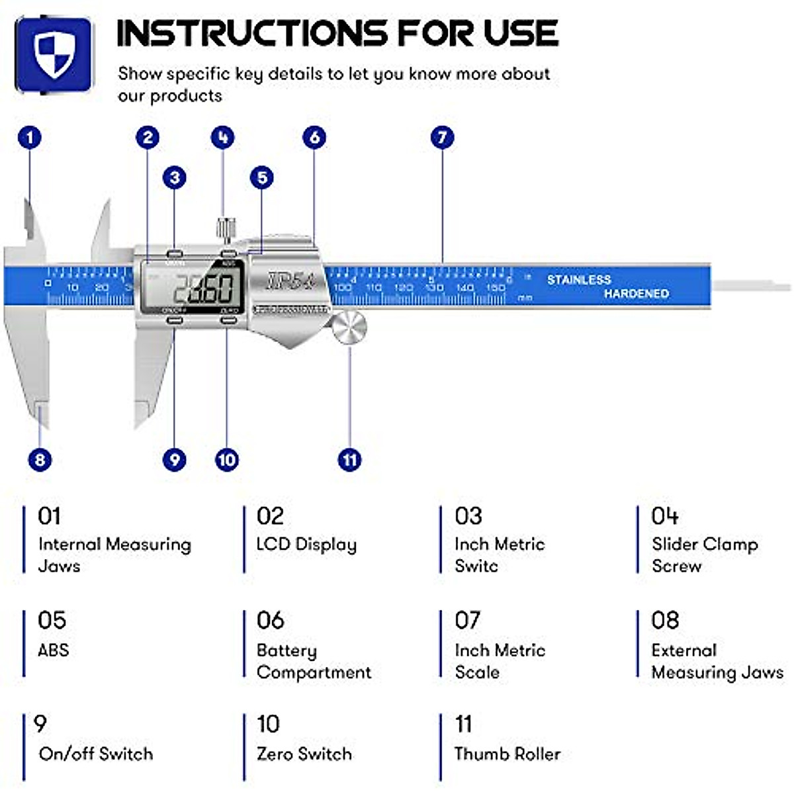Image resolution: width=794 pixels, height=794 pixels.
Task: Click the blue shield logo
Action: click(x=54, y=55)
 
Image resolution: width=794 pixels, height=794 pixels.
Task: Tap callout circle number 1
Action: click(x=29, y=138)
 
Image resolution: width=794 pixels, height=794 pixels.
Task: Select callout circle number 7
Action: click(x=442, y=138)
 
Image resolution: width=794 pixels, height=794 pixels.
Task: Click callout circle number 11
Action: click(x=349, y=459)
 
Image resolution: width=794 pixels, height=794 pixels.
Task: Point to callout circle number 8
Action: click(x=40, y=459)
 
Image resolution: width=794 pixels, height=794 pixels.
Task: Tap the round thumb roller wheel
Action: click(x=349, y=328)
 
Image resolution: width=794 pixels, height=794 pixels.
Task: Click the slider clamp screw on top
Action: click(x=226, y=229)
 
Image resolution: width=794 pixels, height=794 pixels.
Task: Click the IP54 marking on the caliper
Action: click(x=291, y=281)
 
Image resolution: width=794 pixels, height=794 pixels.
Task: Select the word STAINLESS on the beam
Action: click(x=578, y=280)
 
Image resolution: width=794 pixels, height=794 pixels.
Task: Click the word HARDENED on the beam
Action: click(x=636, y=293)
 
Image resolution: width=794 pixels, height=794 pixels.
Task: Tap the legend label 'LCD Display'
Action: click(x=306, y=545)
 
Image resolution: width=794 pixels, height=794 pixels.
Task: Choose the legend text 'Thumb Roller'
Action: click(x=507, y=754)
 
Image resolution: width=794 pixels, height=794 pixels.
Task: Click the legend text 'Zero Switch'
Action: click(x=304, y=754)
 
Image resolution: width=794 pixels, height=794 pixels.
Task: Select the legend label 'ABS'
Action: click(x=54, y=650)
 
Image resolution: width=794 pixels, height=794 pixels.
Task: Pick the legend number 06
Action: click(x=270, y=621)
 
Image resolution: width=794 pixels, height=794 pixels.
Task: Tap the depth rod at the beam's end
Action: click(x=751, y=287)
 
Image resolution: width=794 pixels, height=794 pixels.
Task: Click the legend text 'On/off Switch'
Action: click(x=96, y=754)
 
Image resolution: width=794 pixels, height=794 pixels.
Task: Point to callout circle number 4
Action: click(x=222, y=138)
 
